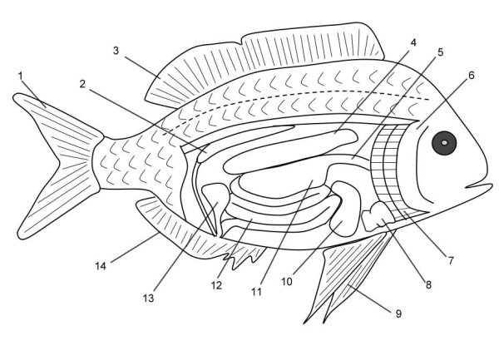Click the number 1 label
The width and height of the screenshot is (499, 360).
pos(21,76)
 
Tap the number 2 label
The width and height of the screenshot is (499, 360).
pos(82,84)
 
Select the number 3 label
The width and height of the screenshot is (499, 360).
pos(116,50)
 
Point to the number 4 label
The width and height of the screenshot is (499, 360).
pos(413,42)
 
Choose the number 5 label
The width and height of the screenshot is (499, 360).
pos(441,52)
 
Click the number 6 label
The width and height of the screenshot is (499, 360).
pos(471,76)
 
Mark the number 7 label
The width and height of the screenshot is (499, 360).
pos(451,261)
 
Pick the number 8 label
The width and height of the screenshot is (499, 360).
pos(428,285)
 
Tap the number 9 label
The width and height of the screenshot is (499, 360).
pos(398,314)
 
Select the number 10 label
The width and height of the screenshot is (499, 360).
pos(287,282)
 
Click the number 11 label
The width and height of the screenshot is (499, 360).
pos(256,292)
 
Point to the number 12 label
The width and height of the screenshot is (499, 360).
pos(216,285)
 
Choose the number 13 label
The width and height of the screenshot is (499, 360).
pos(148,298)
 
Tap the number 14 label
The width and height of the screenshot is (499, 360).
pos(101,266)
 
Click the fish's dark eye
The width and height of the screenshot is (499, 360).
pos(444,143)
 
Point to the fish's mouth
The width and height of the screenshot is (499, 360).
pos(479,186)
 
